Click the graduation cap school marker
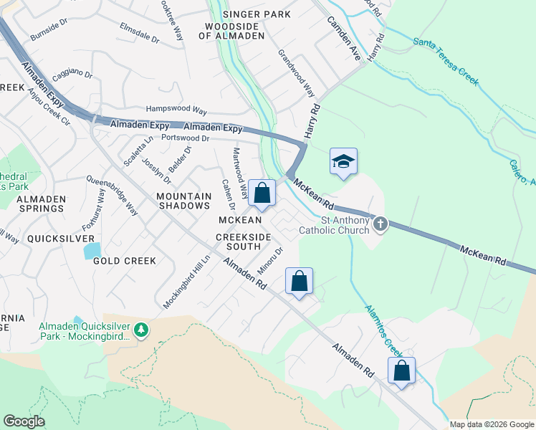tap(343, 162)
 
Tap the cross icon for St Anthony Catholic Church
tap(381, 225)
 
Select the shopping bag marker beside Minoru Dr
tap(299, 280)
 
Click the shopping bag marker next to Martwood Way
tap(262, 193)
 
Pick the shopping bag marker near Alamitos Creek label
tap(401, 371)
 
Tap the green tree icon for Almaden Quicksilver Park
tap(143, 329)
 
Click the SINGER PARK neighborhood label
tap(257, 14)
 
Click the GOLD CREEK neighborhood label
tap(125, 261)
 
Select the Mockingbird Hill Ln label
tap(183, 285)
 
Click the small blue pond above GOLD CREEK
tap(92, 251)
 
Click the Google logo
tap(24, 421)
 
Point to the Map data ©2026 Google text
tap(491, 424)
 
